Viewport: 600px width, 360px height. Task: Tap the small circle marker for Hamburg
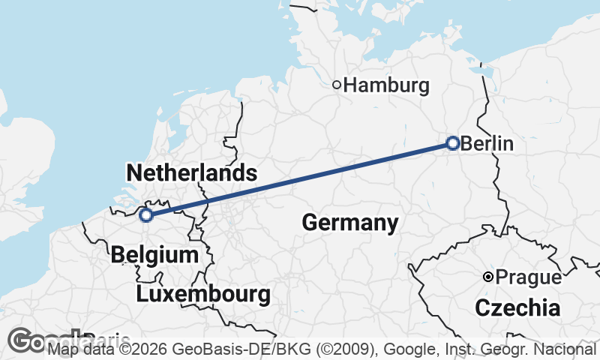(x=337, y=85)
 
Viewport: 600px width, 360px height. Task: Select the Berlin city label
(x=487, y=143)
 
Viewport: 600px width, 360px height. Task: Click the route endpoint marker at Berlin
(x=452, y=142)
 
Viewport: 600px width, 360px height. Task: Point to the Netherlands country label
(x=192, y=173)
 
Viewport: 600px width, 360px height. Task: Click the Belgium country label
(x=154, y=255)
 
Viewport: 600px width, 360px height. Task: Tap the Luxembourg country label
(x=203, y=294)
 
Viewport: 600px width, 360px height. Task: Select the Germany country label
(x=349, y=222)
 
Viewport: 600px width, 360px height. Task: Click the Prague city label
(x=529, y=277)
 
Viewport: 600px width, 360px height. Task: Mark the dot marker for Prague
(x=487, y=277)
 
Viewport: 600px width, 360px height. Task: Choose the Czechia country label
(x=517, y=307)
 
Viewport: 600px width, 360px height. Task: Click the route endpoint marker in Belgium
(x=146, y=216)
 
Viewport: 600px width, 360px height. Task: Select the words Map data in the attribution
(x=74, y=349)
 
